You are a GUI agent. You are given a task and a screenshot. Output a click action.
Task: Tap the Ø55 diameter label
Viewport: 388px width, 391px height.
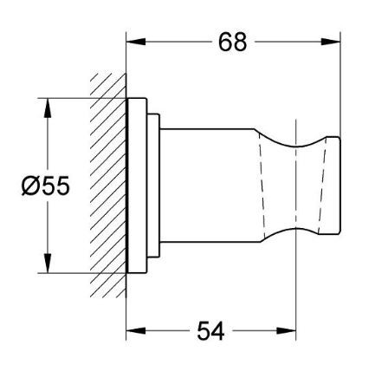click(42, 186)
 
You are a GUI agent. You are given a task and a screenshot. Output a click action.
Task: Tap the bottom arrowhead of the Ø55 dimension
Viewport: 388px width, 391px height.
click(48, 266)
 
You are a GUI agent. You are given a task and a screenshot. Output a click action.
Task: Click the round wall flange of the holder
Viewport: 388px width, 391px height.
click(139, 186)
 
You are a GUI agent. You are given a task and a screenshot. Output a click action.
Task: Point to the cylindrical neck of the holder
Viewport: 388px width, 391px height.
click(204, 186)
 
